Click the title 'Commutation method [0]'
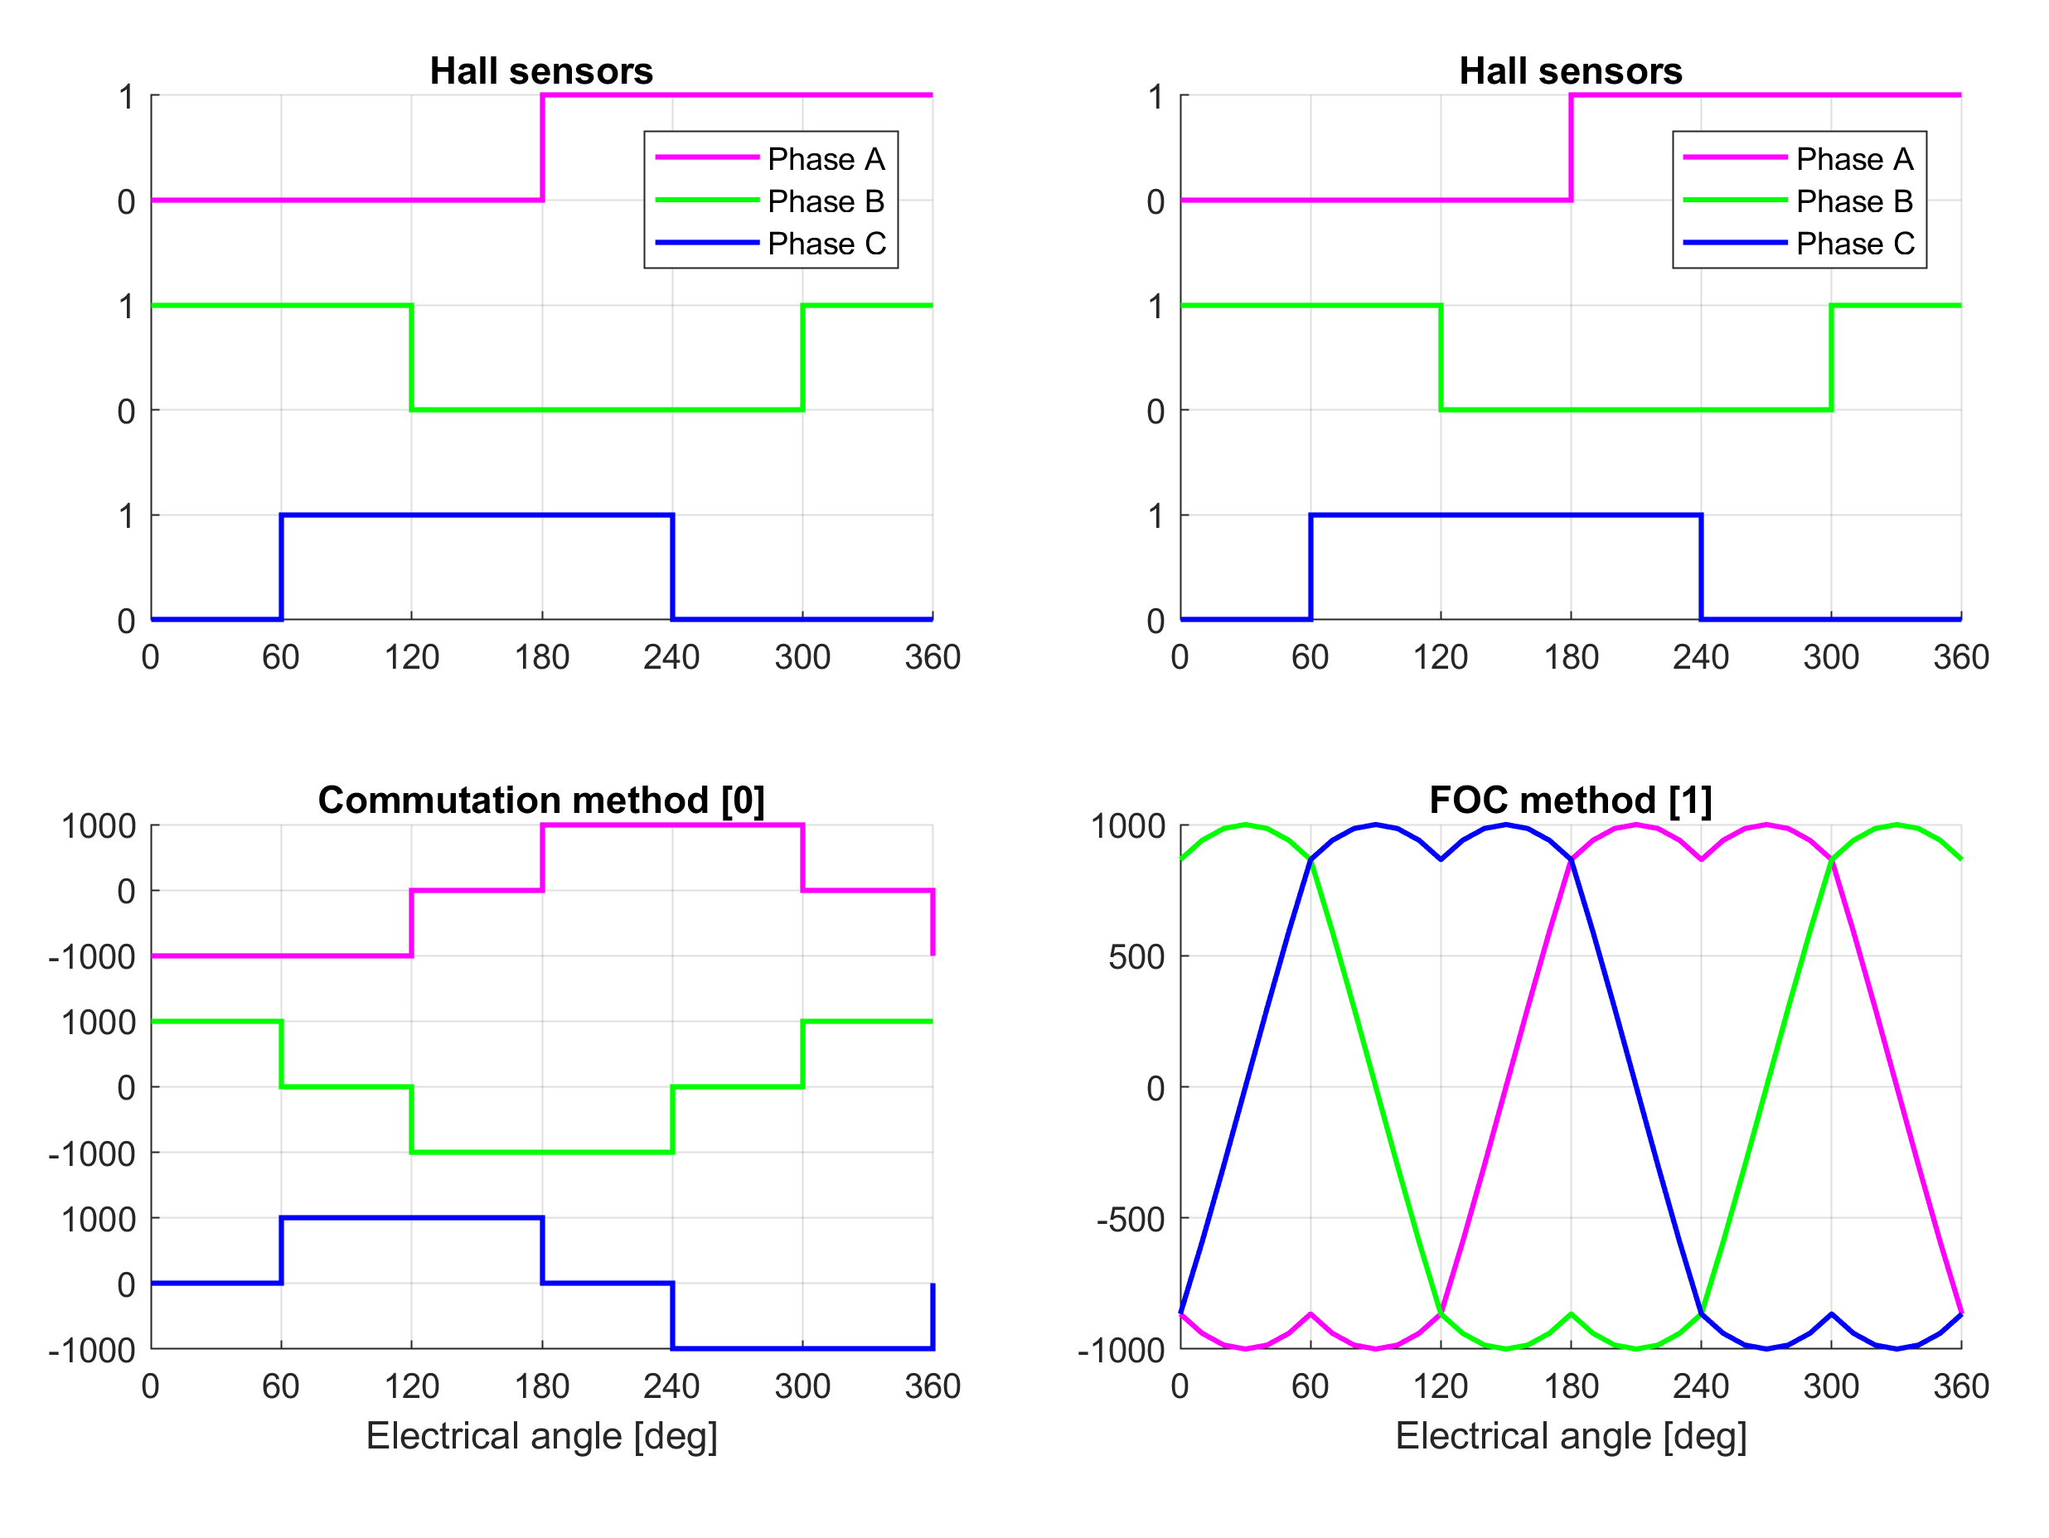click(541, 800)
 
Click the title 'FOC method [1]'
click(1570, 800)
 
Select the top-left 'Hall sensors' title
click(541, 71)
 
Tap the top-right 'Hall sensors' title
click(1570, 71)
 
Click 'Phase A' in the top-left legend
click(826, 159)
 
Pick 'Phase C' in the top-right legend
click(1854, 244)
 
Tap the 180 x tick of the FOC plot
click(1570, 1386)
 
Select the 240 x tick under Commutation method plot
click(671, 1386)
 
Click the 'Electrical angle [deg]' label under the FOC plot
click(1570, 1436)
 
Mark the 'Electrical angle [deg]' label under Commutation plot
click(541, 1436)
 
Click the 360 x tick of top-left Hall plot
click(932, 657)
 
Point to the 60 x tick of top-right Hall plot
click(1310, 657)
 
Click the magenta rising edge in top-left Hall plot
click(542, 148)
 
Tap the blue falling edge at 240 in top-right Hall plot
click(1701, 567)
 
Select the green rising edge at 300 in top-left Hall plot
click(802, 357)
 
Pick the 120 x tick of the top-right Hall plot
click(1440, 657)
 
